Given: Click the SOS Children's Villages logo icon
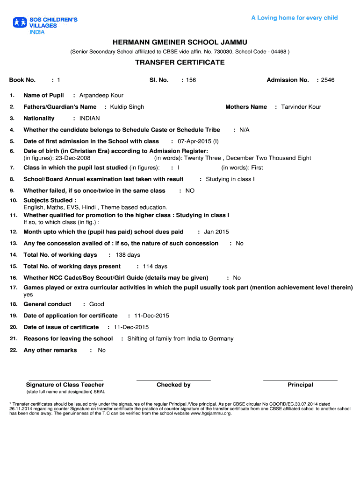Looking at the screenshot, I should tap(20, 22).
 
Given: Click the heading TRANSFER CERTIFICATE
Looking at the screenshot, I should tap(180, 63).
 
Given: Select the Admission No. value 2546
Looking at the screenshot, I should tap(328, 80).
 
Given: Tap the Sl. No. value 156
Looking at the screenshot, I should tap(191, 80).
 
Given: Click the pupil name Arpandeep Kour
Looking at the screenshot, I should tap(101, 96).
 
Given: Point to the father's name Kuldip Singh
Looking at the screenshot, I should tap(127, 107).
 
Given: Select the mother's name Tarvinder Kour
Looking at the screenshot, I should tap(301, 107).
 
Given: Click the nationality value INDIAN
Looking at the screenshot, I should tap(89, 119).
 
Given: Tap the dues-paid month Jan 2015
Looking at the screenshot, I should tap(216, 232).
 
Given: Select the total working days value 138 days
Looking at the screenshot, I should tap(128, 255).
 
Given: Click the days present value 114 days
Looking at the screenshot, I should tap(155, 267).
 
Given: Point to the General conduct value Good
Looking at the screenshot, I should tap(97, 304).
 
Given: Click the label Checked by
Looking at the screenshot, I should tap(173, 385).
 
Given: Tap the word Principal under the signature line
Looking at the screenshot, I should tap(300, 385).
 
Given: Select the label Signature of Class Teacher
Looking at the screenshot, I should tap(65, 385).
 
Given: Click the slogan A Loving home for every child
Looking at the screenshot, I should tap(295, 18).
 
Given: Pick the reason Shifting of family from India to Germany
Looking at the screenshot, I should tap(180, 339).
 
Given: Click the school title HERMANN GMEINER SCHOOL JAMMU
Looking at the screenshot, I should tap(180, 42).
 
